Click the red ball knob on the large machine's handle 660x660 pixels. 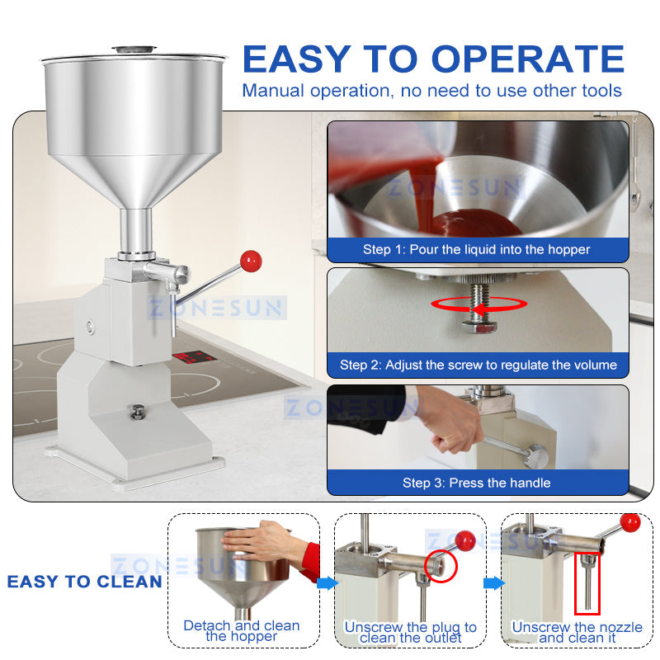250,262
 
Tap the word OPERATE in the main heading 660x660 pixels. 528,59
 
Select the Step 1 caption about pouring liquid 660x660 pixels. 477,249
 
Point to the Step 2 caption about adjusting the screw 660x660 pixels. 478,365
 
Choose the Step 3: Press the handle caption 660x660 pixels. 476,483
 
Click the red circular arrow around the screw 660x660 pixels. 479,304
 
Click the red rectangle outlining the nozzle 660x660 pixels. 587,582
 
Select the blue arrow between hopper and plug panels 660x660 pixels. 327,583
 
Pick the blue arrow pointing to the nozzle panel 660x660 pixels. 493,583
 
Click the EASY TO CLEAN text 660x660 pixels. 84,582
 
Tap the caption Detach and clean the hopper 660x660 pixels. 241,631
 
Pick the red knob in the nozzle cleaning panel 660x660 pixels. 630,522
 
